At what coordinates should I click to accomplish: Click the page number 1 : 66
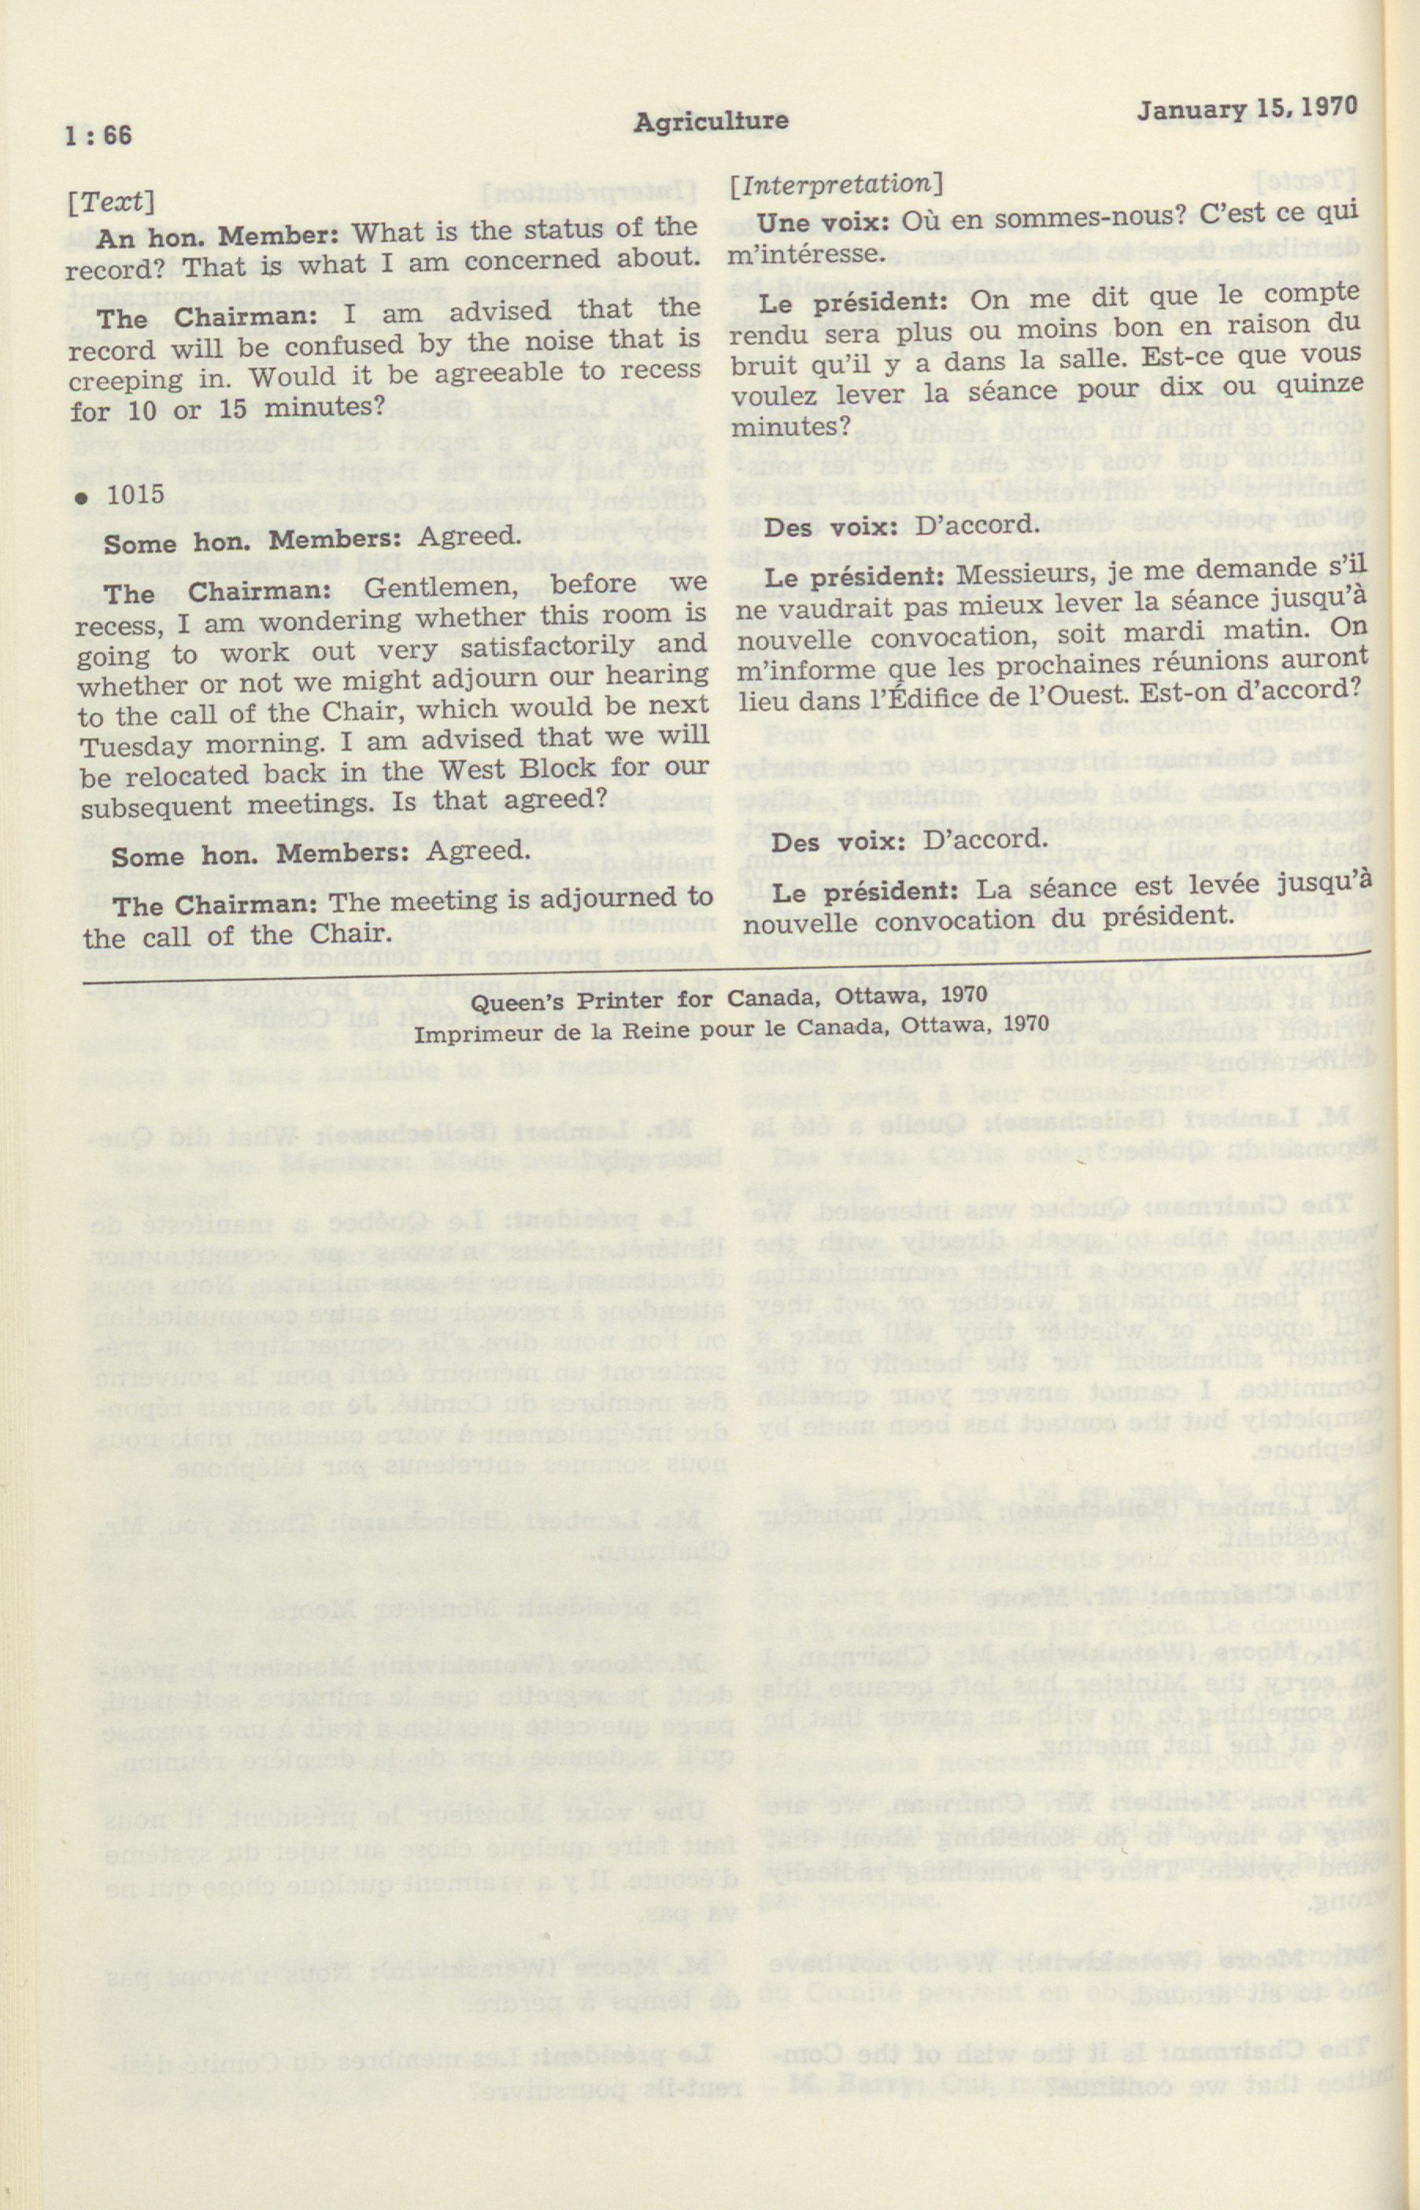click(98, 135)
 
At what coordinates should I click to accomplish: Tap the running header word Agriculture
click(710, 120)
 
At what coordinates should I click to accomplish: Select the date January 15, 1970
click(1247, 109)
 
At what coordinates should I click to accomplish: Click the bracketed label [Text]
click(111, 201)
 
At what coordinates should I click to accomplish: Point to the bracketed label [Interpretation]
click(836, 184)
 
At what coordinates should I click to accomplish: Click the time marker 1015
click(135, 494)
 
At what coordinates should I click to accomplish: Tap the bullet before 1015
click(82, 498)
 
